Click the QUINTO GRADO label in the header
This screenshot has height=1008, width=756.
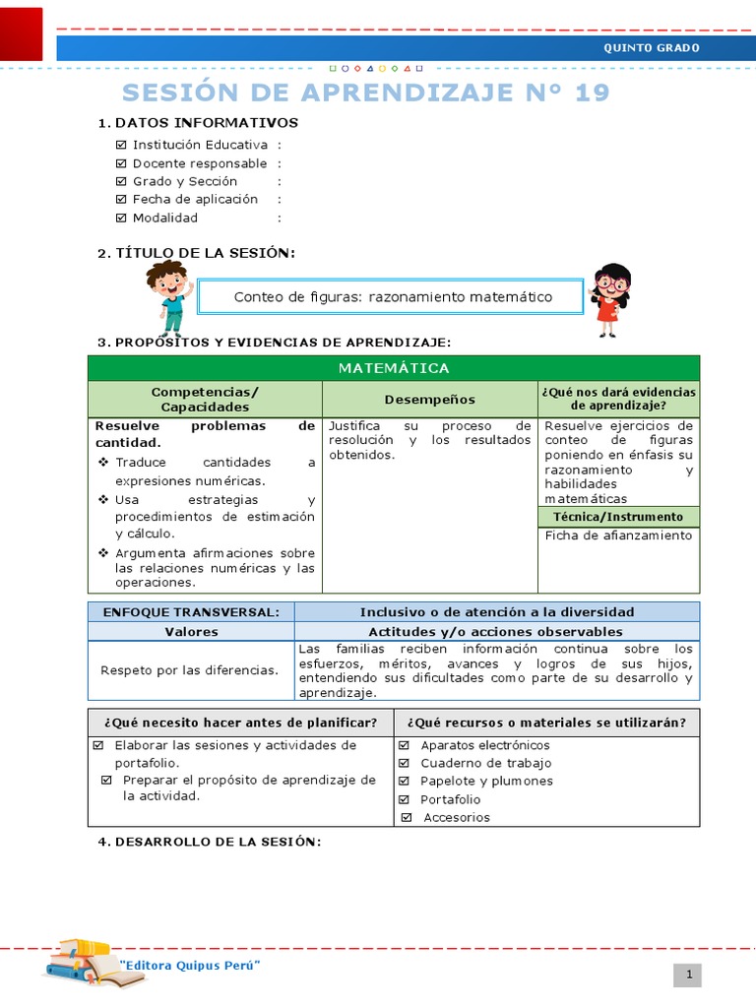tap(651, 47)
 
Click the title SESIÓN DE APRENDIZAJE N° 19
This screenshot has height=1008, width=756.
tap(366, 93)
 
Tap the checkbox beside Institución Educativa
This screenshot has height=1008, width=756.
tap(121, 145)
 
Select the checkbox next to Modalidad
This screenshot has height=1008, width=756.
tap(121, 218)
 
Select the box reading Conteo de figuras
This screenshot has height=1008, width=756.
tap(393, 296)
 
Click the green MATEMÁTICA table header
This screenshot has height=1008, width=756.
tap(394, 368)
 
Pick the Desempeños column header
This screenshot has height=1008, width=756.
tap(429, 399)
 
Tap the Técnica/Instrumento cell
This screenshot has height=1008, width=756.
tap(618, 517)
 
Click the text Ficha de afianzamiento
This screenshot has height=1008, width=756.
tap(618, 535)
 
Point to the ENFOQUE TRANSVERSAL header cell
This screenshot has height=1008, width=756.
tap(191, 612)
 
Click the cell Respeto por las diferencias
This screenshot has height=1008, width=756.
tap(190, 670)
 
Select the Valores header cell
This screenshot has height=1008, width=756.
tap(191, 632)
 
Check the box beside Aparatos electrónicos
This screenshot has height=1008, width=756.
tap(405, 745)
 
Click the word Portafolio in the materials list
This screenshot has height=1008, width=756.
tap(451, 799)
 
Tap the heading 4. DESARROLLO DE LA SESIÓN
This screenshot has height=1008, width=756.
tap(209, 842)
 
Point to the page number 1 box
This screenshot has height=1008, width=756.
tap(689, 975)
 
